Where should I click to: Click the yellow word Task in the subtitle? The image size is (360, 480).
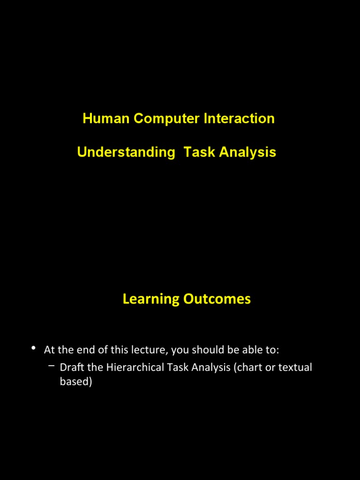pyautogui.click(x=199, y=152)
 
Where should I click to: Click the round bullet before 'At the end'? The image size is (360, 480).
pyautogui.click(x=33, y=348)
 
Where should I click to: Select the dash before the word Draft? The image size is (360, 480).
pyautogui.click(x=51, y=366)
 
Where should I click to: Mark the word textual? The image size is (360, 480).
pyautogui.click(x=295, y=367)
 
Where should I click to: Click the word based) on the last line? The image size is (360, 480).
pyautogui.click(x=76, y=382)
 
